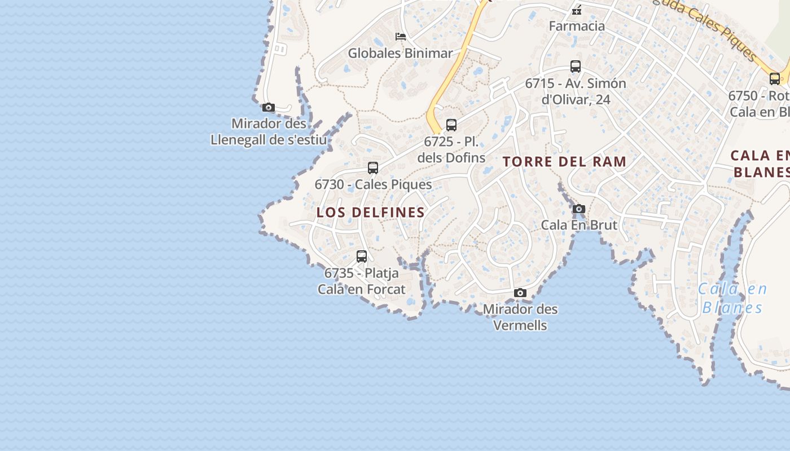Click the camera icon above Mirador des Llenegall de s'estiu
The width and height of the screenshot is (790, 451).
tap(269, 107)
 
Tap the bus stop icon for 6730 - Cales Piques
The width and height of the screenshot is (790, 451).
tap(373, 167)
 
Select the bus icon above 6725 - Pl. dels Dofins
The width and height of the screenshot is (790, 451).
tap(451, 125)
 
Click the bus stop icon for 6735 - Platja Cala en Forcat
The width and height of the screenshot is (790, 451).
tap(362, 257)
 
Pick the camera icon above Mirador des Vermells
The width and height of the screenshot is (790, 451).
tap(520, 293)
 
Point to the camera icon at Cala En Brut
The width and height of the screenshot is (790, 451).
tap(579, 209)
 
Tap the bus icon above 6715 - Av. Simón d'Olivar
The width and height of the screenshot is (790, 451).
tap(576, 67)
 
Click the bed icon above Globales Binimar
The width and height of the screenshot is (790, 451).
tap(401, 37)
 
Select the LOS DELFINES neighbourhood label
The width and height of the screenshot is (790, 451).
tap(371, 213)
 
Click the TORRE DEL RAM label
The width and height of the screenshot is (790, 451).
tap(565, 162)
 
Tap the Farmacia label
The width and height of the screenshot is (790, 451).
tap(577, 26)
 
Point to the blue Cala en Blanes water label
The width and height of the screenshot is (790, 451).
tap(732, 299)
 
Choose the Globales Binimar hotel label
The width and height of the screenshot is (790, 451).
tap(400, 54)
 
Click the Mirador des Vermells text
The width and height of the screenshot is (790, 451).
tap(520, 317)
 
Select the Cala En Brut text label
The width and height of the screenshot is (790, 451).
tap(579, 225)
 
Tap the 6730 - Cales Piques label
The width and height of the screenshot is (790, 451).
tap(373, 184)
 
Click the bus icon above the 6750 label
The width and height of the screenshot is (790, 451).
tap(775, 78)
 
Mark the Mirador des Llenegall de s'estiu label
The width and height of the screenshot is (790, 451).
tap(269, 131)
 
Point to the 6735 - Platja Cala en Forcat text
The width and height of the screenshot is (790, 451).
tap(362, 281)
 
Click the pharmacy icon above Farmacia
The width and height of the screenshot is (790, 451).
tap(577, 10)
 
